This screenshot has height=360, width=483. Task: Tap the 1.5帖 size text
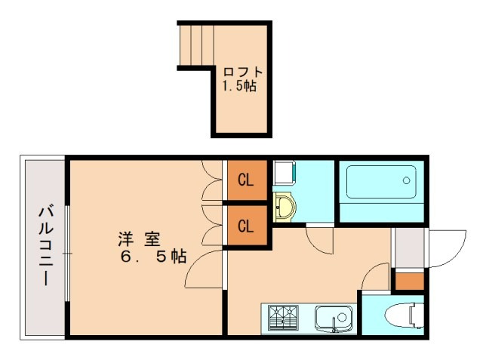point(238,86)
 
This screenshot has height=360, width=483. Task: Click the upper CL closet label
point(245,180)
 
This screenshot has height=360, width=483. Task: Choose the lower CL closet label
point(245,225)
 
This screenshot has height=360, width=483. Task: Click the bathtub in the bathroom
point(382,182)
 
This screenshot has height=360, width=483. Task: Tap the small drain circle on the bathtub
point(405,181)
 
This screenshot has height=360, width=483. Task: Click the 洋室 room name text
point(138,239)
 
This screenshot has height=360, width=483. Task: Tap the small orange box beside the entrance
point(410,281)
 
